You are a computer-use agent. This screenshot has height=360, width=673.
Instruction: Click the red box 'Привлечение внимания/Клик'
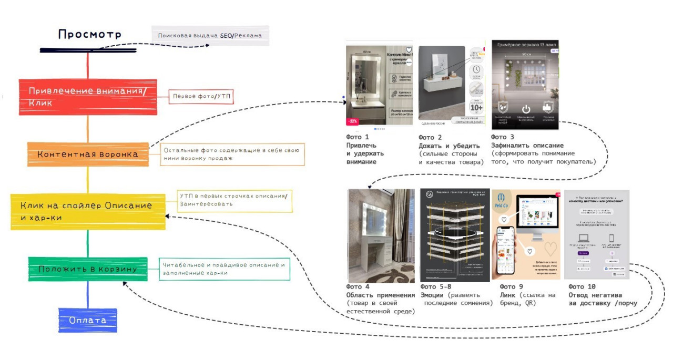click(x=88, y=97)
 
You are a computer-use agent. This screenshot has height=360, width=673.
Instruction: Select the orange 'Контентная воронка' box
click(x=88, y=154)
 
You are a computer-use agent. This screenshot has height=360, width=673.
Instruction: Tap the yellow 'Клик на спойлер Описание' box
click(x=88, y=211)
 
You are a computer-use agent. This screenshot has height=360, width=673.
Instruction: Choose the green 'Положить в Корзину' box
click(x=88, y=269)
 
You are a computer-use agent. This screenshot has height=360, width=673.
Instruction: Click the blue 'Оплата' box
click(x=87, y=320)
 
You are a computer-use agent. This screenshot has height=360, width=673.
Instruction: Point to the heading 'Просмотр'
click(x=90, y=35)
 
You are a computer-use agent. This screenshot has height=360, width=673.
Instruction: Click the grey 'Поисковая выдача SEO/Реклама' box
click(x=210, y=36)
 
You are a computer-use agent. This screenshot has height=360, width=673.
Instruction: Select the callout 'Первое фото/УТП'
click(x=201, y=97)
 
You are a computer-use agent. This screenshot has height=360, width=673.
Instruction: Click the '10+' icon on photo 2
click(x=476, y=108)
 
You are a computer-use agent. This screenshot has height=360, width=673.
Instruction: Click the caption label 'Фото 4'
click(x=358, y=287)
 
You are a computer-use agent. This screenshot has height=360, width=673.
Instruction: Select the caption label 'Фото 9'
click(x=511, y=287)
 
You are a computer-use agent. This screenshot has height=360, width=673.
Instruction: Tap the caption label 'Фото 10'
click(x=583, y=287)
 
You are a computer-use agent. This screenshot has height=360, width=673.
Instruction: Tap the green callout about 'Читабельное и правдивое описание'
click(x=225, y=269)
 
